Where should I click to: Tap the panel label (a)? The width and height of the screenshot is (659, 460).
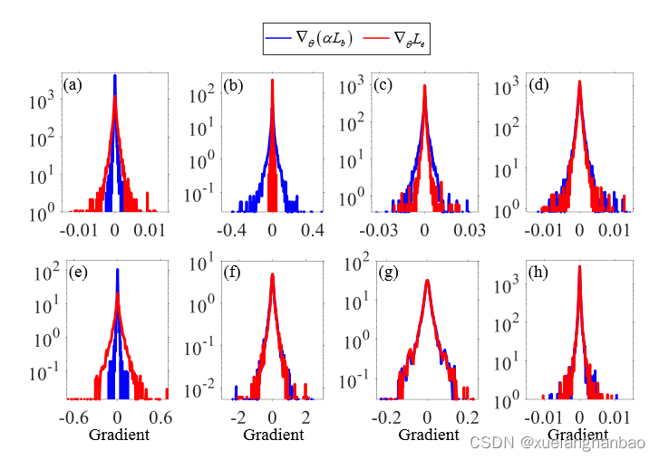74,86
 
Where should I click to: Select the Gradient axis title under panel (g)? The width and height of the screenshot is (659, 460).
429,436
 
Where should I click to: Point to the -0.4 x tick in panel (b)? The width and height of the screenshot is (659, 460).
231,232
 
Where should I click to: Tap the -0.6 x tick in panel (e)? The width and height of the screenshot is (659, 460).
74,418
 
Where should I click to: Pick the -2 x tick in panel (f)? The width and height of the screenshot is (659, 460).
237,418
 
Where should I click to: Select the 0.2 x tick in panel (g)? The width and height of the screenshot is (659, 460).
467,418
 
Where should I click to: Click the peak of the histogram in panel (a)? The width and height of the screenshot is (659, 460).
115,76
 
